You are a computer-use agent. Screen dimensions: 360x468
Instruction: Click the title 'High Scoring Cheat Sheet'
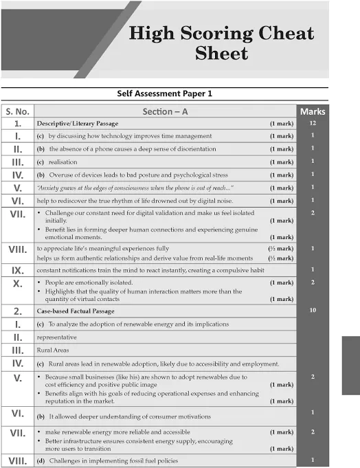221,43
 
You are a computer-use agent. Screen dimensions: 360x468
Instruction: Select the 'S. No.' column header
18,111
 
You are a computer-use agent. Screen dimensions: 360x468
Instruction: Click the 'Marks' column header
313,111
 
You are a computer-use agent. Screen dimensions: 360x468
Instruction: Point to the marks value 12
313,124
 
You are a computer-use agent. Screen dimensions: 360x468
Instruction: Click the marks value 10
313,311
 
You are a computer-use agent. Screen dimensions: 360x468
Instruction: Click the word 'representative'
57,337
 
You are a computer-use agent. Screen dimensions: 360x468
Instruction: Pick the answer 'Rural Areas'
53,350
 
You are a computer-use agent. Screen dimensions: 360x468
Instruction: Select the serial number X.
18,282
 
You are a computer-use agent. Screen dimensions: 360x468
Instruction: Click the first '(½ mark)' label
281,247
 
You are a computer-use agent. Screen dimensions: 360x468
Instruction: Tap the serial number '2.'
18,311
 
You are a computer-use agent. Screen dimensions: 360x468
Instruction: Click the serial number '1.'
18,124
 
